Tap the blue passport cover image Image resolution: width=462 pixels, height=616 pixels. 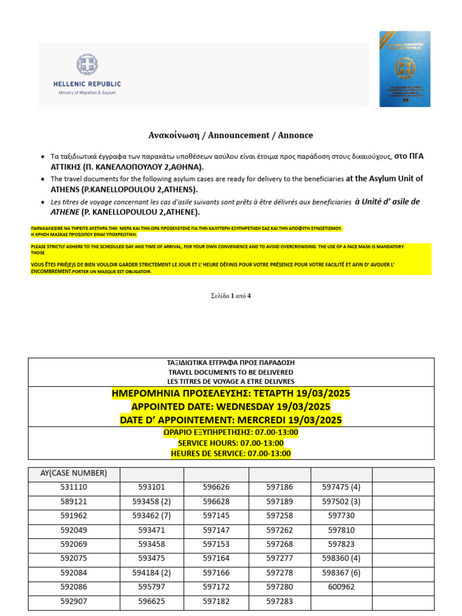pos(404,69)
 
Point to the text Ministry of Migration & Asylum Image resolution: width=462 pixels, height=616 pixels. pos(87,93)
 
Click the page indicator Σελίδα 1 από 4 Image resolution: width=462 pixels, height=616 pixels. pos(231,295)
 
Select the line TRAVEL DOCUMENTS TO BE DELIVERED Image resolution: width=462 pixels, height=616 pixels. pos(231,372)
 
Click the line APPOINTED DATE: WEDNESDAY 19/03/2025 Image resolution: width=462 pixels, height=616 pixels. pos(231,407)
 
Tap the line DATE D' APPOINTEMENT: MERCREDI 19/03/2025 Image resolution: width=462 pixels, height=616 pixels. pos(231,420)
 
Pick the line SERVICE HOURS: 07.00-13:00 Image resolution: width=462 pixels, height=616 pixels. pos(231,443)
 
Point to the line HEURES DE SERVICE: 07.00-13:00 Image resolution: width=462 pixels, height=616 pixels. pos(231,454)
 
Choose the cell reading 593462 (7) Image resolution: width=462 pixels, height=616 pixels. pos(152,516)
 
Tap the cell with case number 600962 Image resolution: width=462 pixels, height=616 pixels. pos(341,587)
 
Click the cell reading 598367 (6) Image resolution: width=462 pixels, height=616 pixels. pos(341,573)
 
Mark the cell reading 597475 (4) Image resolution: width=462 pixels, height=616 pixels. pos(341,487)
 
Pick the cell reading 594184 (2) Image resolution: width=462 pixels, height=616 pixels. pos(152,573)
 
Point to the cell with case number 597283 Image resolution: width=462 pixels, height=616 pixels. pos(279,601)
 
